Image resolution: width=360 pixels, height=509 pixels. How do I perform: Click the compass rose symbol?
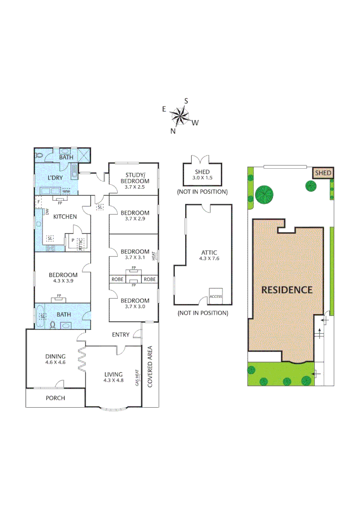(x=180, y=116)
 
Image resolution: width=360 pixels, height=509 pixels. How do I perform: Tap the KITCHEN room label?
(x=65, y=217)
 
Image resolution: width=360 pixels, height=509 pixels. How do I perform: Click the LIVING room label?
(x=114, y=374)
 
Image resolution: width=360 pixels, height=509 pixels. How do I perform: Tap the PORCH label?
(x=55, y=398)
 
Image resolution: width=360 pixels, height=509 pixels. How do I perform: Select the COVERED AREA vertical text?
(x=151, y=367)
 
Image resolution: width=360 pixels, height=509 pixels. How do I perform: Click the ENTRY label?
(x=121, y=335)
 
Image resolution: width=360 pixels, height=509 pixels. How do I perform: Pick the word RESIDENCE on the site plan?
(x=287, y=290)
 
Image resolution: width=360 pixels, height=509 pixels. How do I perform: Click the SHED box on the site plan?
(x=323, y=173)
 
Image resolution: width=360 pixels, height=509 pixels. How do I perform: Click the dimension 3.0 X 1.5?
(x=203, y=178)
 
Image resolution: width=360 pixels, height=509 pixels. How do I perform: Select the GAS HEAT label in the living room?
(x=138, y=377)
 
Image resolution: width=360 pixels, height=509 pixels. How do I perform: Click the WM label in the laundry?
(x=66, y=191)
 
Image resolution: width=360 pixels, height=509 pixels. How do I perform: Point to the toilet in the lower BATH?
(x=53, y=325)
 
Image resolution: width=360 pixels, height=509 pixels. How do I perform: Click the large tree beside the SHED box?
(x=265, y=193)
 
